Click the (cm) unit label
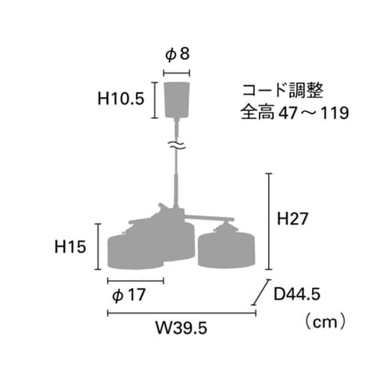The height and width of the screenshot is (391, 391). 321,321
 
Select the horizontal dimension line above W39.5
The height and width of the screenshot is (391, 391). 181,314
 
